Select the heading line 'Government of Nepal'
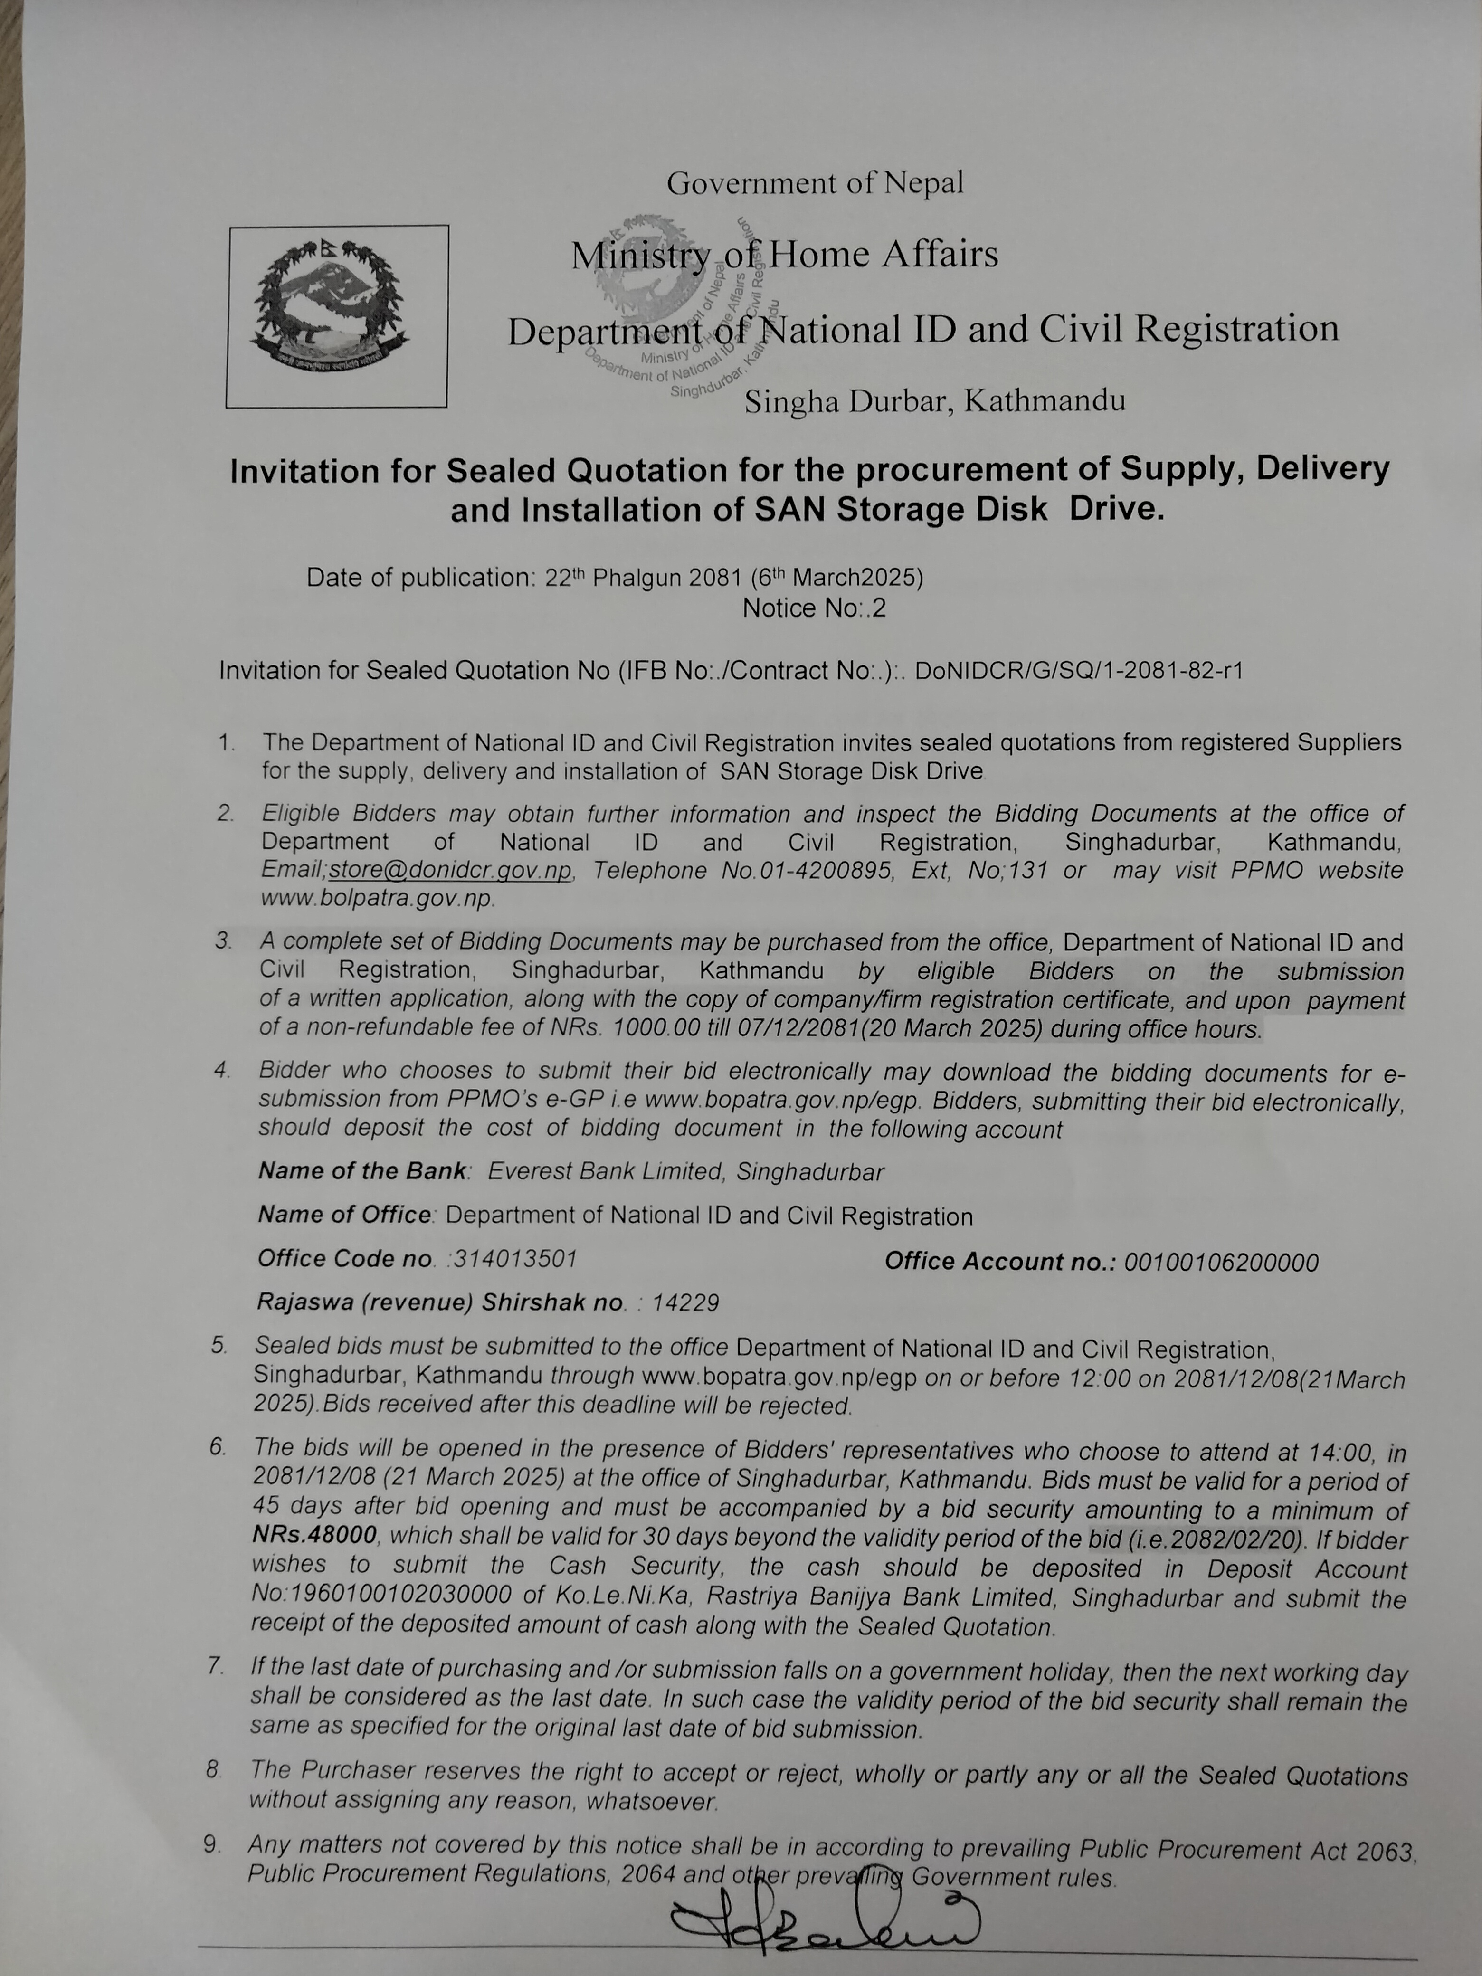(x=815, y=183)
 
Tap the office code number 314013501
(x=514, y=1259)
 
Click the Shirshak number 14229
(x=685, y=1302)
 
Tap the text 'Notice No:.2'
(x=814, y=608)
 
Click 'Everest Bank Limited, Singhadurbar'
(x=685, y=1172)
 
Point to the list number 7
(x=214, y=1666)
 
